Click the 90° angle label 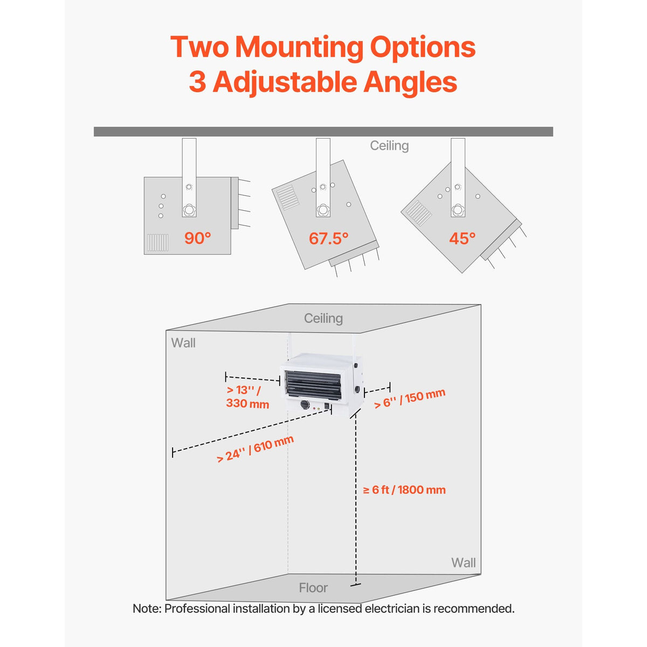tap(197, 238)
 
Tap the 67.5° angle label tap(328, 238)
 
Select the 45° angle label tap(462, 238)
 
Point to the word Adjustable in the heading tap(285, 82)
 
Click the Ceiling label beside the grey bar tap(389, 146)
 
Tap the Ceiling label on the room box tap(323, 318)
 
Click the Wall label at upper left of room tap(183, 343)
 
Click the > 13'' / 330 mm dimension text tap(248, 396)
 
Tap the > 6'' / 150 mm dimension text tap(410, 398)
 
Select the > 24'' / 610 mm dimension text tap(256, 449)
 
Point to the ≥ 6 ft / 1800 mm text tap(404, 490)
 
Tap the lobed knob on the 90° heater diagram tap(189, 210)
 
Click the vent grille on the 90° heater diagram tap(158, 243)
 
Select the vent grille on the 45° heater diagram tap(418, 213)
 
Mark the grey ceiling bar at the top tap(323, 132)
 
